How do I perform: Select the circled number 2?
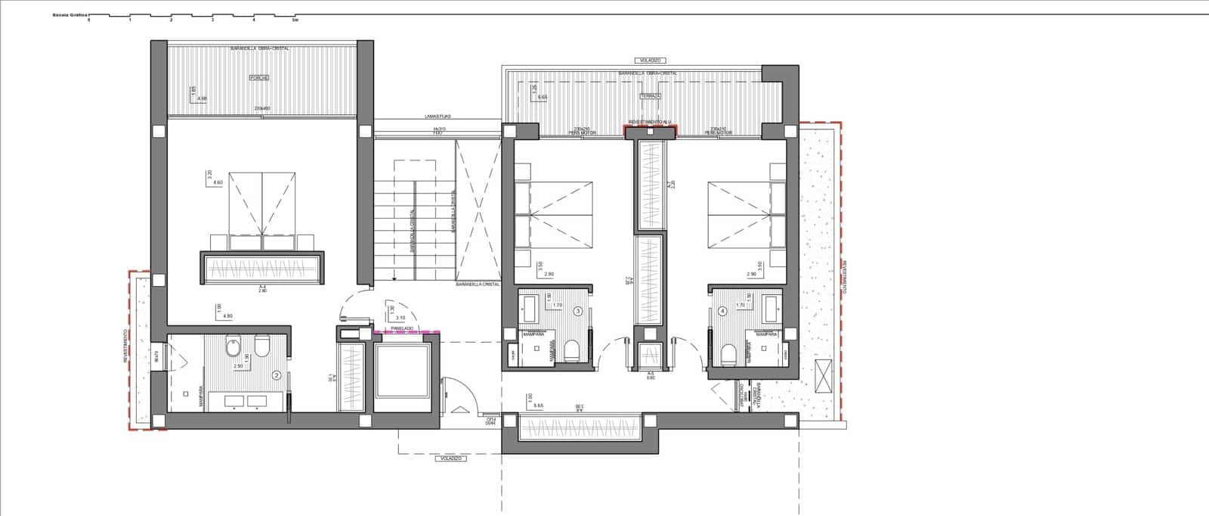coord(277,375)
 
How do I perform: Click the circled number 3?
coord(578,310)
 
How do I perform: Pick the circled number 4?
coord(723,310)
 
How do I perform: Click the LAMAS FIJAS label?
coord(438,117)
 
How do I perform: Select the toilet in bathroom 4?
coord(729,353)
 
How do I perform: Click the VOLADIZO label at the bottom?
coord(450,458)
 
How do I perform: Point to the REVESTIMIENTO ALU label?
coord(650,121)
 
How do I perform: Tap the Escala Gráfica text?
coord(70,14)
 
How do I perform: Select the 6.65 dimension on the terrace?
coord(542,97)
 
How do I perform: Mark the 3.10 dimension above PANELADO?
coord(400,317)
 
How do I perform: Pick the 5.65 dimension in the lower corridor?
coord(539,406)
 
